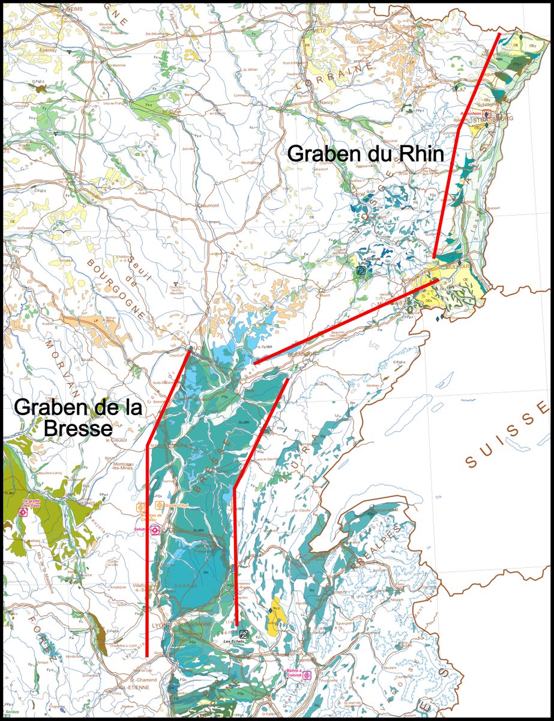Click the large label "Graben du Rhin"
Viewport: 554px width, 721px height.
(x=366, y=154)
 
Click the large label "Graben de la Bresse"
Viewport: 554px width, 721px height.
(x=78, y=418)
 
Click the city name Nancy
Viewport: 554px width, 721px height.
(x=310, y=103)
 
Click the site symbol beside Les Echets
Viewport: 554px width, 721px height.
(x=244, y=634)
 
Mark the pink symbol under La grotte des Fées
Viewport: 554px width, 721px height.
(x=23, y=513)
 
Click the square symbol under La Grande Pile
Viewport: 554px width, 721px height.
(x=361, y=270)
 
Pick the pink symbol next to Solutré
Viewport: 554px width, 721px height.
(x=155, y=530)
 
